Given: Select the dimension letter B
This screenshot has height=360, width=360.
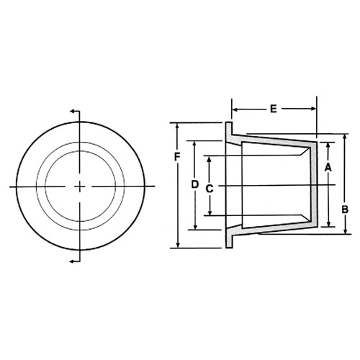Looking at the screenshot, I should coord(345,210).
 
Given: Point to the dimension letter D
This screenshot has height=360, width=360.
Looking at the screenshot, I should coord(194,184).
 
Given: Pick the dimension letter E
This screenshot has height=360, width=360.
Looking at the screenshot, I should coord(274,109).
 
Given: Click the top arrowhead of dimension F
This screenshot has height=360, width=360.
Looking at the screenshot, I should coord(177,126).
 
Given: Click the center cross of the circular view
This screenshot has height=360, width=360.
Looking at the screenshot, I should coord(80,186).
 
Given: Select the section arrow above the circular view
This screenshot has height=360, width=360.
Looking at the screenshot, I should coord(73,112).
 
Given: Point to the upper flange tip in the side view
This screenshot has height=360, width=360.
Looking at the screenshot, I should coord(229,128).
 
